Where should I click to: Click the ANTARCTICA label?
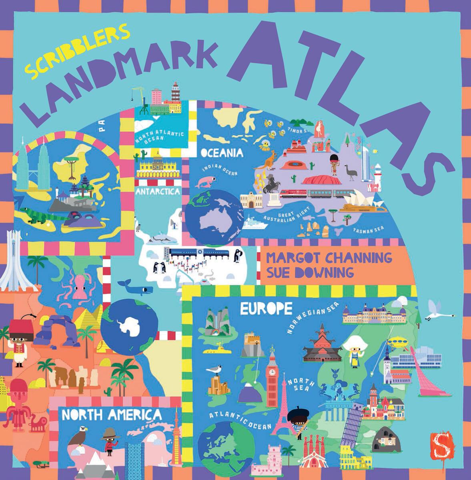click(x=158, y=192)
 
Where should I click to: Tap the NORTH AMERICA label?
click(x=112, y=415)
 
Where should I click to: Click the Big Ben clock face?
click(x=273, y=372)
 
